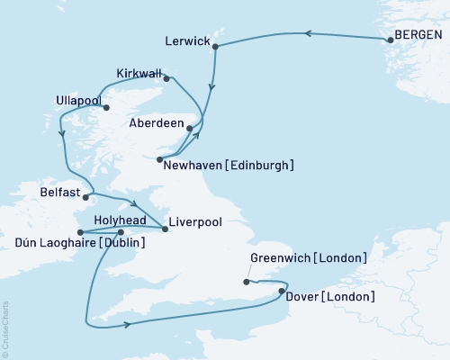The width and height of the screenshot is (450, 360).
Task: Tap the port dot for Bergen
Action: click(x=388, y=40)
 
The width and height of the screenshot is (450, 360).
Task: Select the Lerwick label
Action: click(x=188, y=41)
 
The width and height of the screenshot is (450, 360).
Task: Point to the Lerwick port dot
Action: click(x=216, y=51)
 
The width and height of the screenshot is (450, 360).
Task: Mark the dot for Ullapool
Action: click(x=107, y=109)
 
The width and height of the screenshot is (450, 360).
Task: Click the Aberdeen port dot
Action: click(x=188, y=129)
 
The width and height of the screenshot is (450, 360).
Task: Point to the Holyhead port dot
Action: click(x=121, y=232)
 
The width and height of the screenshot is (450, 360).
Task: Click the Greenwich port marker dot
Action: click(x=246, y=281)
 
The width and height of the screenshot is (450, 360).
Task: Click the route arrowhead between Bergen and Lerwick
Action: click(x=306, y=34)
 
